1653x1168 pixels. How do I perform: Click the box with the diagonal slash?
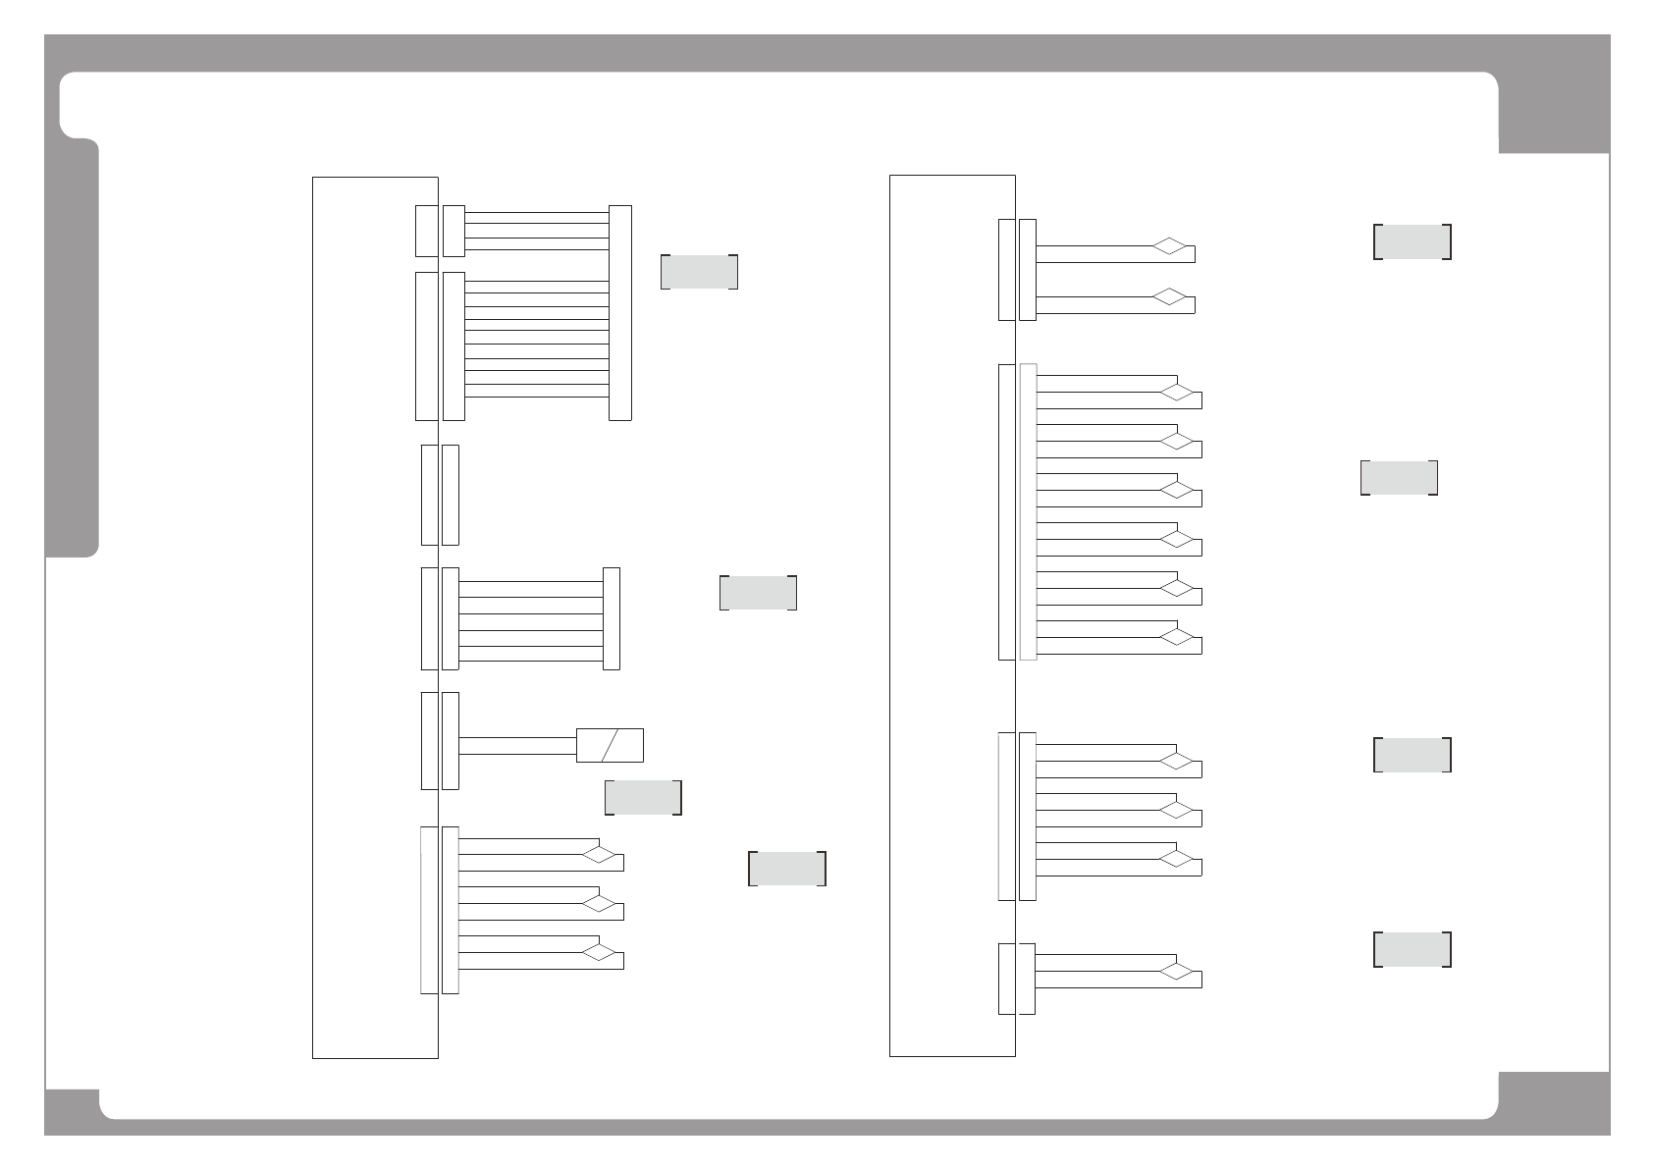(610, 745)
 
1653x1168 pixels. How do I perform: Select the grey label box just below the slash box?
(643, 797)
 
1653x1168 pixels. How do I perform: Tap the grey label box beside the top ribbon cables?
(699, 272)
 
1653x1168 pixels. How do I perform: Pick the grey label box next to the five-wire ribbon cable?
(758, 593)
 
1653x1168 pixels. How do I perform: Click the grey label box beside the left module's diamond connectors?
(786, 869)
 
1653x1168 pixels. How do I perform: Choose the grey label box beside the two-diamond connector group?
(1412, 241)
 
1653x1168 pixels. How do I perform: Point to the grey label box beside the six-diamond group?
(1399, 477)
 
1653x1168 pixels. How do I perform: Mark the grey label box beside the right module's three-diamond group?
(1412, 755)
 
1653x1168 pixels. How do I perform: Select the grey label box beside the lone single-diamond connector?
(1412, 949)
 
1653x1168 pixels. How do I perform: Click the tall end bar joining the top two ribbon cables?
(619, 312)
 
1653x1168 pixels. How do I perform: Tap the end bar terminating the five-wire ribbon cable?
(611, 618)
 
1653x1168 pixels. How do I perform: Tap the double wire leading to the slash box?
(517, 745)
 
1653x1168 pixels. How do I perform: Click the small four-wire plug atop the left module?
(453, 231)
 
